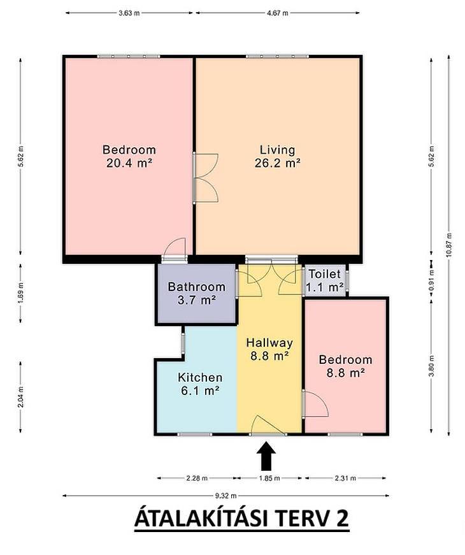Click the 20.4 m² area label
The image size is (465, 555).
[129, 163]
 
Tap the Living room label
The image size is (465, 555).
[278, 150]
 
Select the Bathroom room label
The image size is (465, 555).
[196, 286]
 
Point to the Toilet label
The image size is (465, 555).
[324, 274]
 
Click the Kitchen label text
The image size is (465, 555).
[200, 377]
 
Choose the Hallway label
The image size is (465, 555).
[269, 343]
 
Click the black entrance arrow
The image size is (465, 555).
[266, 456]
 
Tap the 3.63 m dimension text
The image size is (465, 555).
[129, 13]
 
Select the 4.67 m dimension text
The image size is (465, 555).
[278, 13]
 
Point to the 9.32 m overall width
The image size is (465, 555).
[225, 496]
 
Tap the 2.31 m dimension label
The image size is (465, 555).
[345, 478]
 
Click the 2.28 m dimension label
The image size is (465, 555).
[197, 478]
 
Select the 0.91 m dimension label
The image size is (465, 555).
[431, 281]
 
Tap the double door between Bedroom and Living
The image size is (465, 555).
[205, 178]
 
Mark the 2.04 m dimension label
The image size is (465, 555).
[21, 396]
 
